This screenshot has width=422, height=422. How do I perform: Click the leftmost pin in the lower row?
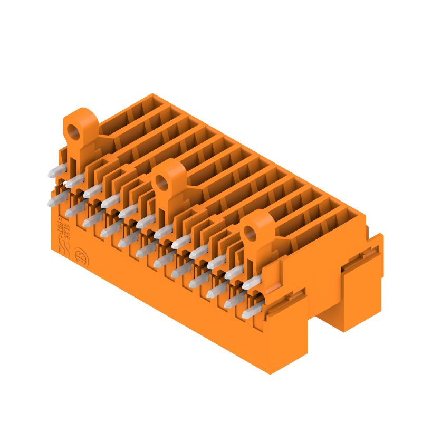[55, 200]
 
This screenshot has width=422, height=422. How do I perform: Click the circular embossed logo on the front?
[81, 257]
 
